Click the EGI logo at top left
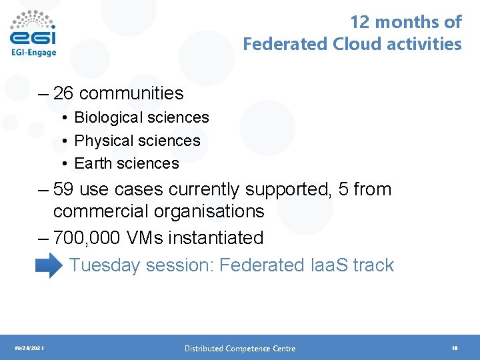coord(33,29)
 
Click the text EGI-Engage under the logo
coord(33,51)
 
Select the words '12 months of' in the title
coord(405,22)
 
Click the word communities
coord(131,93)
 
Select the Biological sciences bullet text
coord(141,117)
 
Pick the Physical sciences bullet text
coord(137,141)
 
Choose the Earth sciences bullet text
coord(127,163)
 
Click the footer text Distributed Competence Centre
coord(240,348)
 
